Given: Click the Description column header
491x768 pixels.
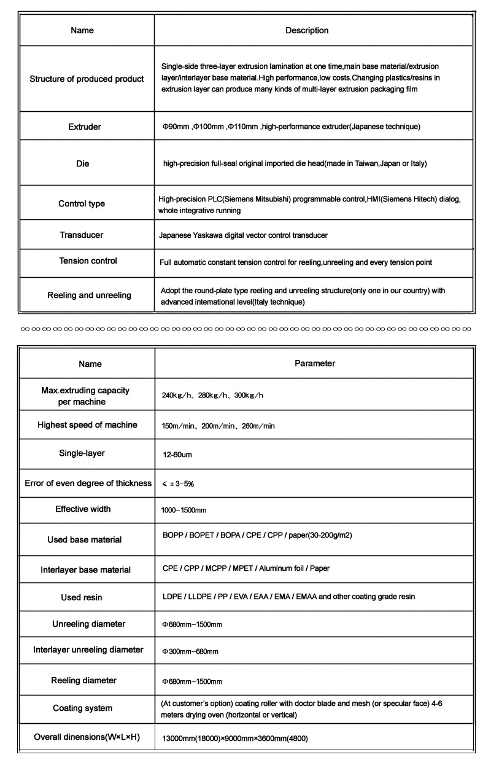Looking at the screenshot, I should pos(307,31).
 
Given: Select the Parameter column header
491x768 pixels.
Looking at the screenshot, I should pos(315,364).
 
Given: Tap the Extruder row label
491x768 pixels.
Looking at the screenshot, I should pos(85,127).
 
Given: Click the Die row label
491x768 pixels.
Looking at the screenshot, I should pos(82,164).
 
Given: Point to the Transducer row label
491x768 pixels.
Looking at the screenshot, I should pos(82,235).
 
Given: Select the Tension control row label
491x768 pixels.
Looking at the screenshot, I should pos(88,261).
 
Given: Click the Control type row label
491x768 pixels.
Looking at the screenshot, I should pos(82,204).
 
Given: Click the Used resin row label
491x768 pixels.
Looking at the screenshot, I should pos(82,598).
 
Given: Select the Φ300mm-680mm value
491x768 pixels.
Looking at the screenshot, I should pos(190,651).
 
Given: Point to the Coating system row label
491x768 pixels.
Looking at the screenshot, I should pos(83,708).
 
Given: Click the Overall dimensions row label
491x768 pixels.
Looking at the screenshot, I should pos(87,737).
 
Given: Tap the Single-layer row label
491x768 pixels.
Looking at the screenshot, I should pos(82,453).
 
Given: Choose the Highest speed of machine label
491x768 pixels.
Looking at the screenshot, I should pos(87,425).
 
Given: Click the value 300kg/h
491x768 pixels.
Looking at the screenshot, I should pos(249,396).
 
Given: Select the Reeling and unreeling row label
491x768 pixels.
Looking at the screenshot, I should pos(89,296).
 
